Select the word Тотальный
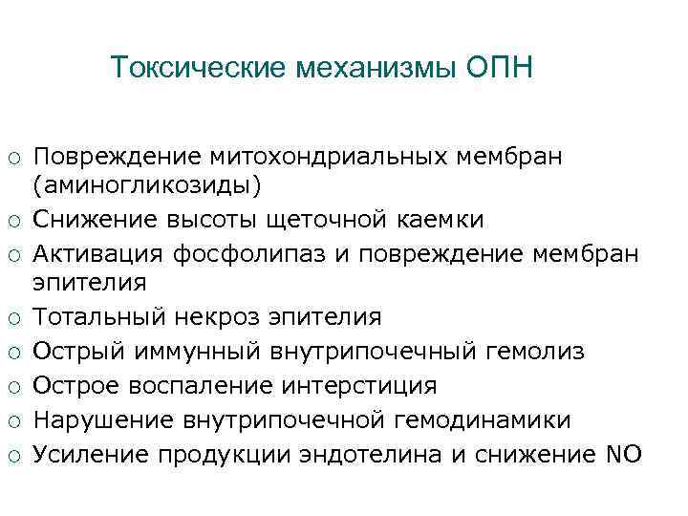click(101, 317)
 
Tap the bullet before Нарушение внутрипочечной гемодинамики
click(15, 421)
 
